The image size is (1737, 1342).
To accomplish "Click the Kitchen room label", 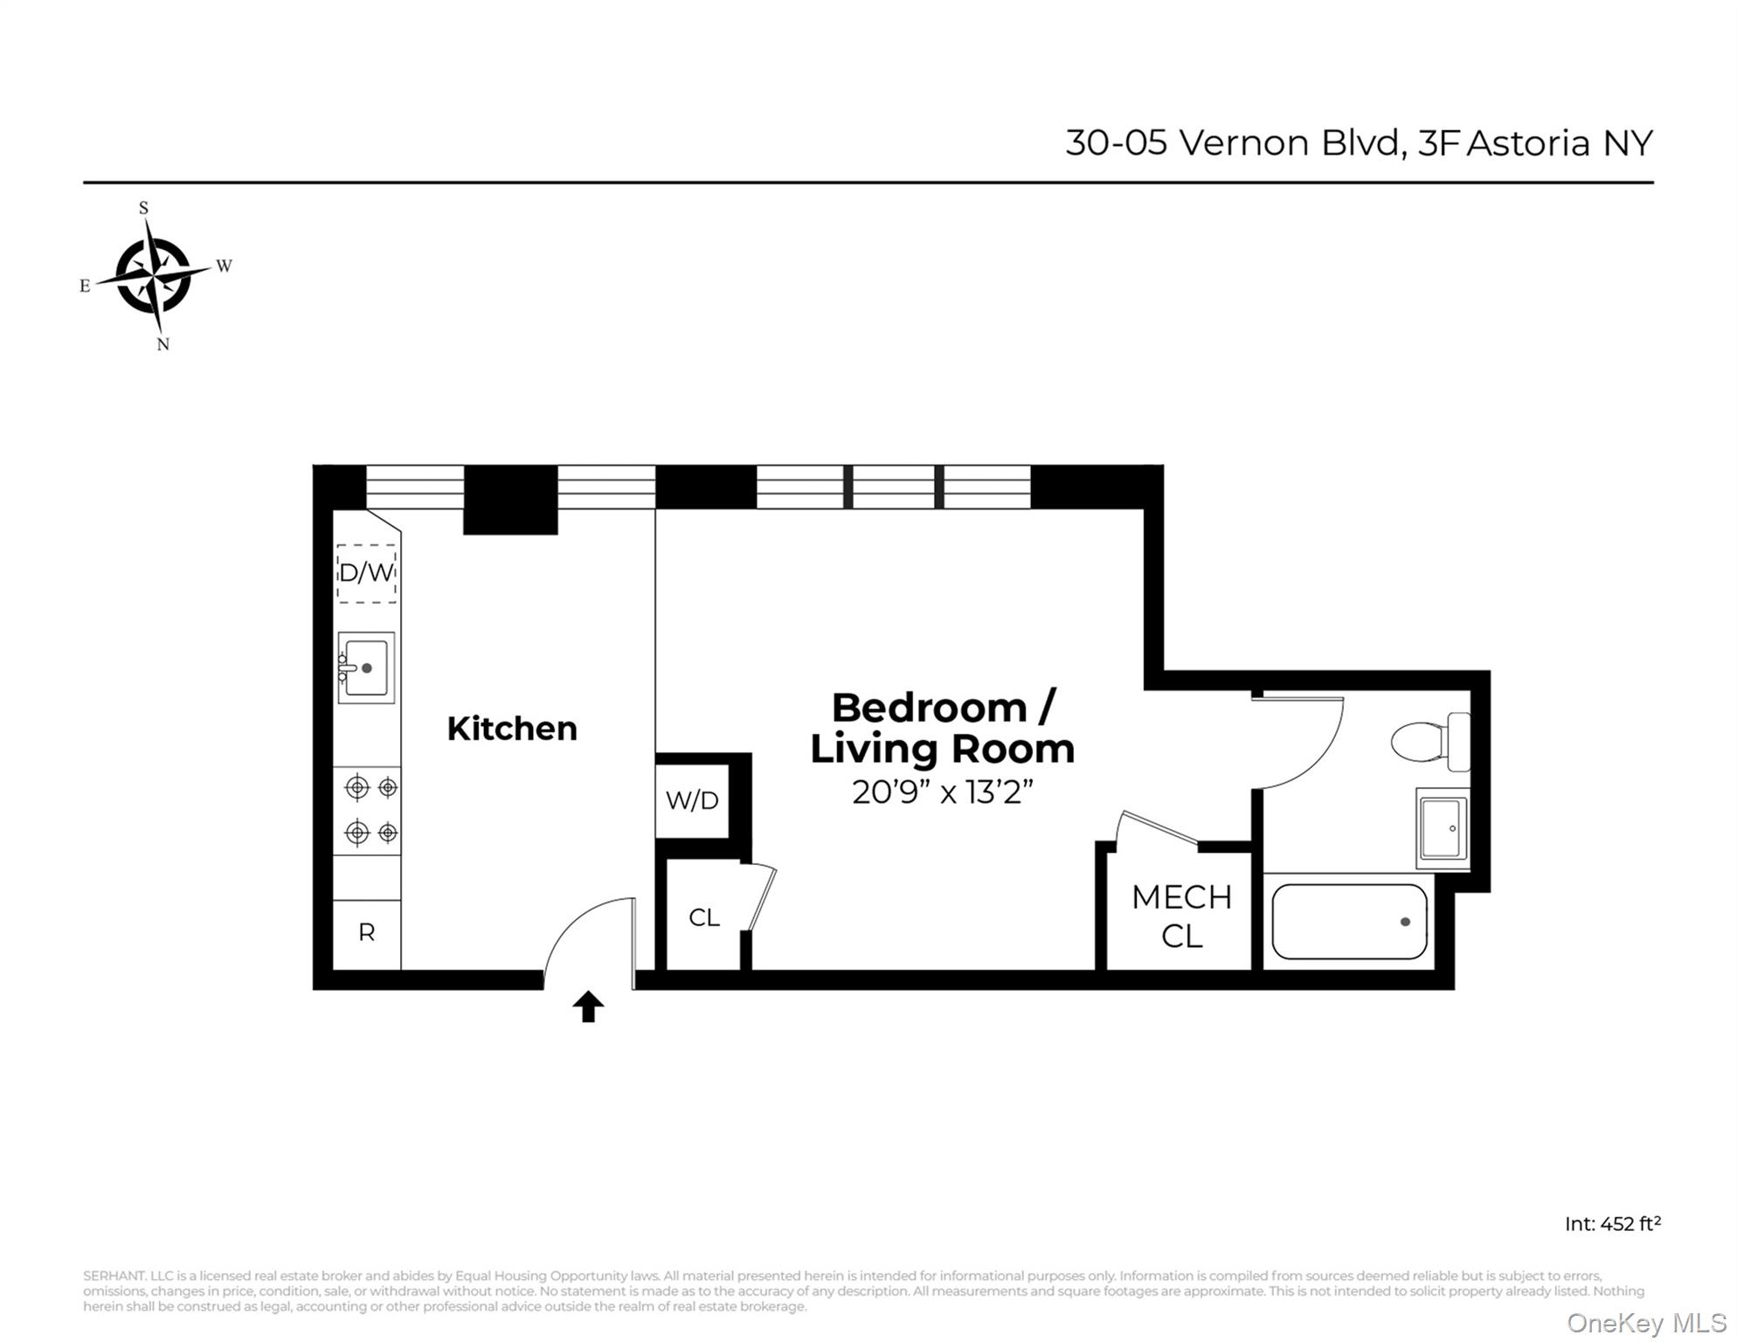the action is coord(512,729).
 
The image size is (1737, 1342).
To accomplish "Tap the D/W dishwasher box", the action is coord(367,573).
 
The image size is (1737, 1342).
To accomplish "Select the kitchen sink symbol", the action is coord(366,668).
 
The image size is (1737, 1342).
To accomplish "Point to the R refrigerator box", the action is coord(367,933).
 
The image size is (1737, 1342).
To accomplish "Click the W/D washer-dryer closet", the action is coord(692,800).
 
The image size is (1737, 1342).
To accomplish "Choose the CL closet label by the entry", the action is coord(704,917).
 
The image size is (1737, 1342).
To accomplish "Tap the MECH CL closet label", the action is coord(1181,917).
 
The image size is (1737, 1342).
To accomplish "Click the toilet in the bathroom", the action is coord(1430,742).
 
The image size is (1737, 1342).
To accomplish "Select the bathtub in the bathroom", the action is coord(1349,922).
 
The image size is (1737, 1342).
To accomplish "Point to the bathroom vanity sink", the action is coord(1443,828).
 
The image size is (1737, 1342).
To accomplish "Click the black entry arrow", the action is coord(588,1006).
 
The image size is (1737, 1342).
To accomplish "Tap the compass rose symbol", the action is coord(155,276).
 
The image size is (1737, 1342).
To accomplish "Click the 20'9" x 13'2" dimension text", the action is coord(943,792).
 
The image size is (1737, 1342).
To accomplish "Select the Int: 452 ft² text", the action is coord(1612,1223).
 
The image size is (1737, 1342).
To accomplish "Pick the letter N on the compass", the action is coord(163,344).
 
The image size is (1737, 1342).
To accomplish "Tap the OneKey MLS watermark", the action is coord(1646,1324).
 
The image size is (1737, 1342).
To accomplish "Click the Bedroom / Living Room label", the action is coord(943,728).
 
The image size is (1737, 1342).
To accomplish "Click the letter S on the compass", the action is coord(144,208).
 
